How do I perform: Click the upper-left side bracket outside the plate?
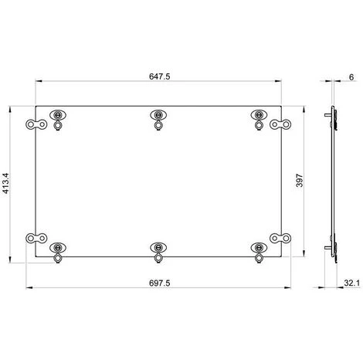34,124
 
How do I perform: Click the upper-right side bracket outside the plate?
280,124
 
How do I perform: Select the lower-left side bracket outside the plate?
34,239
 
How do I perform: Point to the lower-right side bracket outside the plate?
280,239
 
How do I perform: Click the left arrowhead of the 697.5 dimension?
29,290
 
